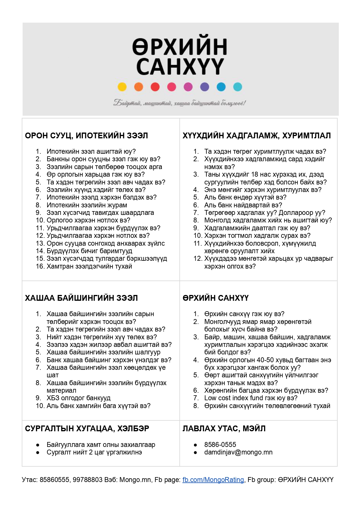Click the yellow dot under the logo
point(122,87)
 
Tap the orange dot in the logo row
point(139,87)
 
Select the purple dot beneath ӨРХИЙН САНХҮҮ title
point(205,87)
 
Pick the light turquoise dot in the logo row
point(238,87)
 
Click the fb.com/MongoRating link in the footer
point(213,480)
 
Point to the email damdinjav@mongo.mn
point(238,452)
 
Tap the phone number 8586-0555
point(220,444)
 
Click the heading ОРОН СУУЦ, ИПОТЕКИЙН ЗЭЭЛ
point(86,135)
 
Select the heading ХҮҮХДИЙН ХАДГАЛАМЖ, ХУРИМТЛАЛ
point(257,135)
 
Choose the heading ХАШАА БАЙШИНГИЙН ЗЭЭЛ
point(81,298)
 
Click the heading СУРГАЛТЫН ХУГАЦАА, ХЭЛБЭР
point(87,428)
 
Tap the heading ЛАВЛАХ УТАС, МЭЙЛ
point(224,428)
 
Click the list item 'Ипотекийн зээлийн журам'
point(87,205)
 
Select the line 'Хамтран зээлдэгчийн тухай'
point(89,266)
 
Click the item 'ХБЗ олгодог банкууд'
point(79,398)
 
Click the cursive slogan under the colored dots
point(180,103)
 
